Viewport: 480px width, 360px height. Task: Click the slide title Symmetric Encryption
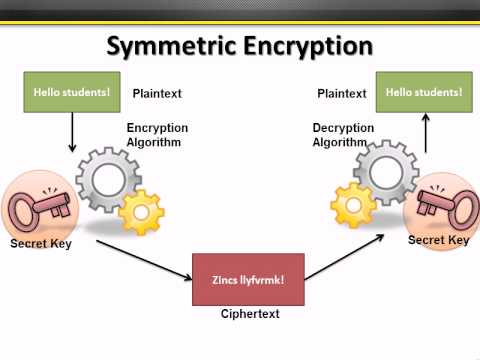(x=240, y=47)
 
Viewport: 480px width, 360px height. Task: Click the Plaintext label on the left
(x=158, y=93)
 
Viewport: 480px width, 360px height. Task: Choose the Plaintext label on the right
(x=341, y=93)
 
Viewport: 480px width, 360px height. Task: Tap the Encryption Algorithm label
(x=157, y=135)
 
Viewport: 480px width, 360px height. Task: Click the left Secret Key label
(x=40, y=244)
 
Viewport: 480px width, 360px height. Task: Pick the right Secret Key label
(x=438, y=240)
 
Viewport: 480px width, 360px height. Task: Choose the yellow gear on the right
(x=353, y=206)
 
